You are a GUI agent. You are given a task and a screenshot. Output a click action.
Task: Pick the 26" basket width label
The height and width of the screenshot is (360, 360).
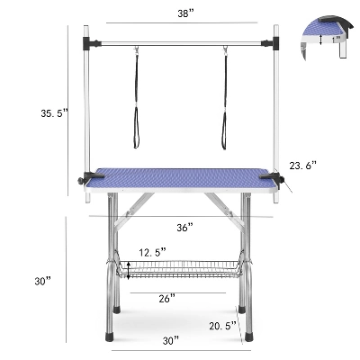166,296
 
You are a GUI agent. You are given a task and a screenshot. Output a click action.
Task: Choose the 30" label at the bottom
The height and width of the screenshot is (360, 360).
172,340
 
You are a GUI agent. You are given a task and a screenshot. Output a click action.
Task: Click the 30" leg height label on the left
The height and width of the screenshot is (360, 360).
41,282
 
